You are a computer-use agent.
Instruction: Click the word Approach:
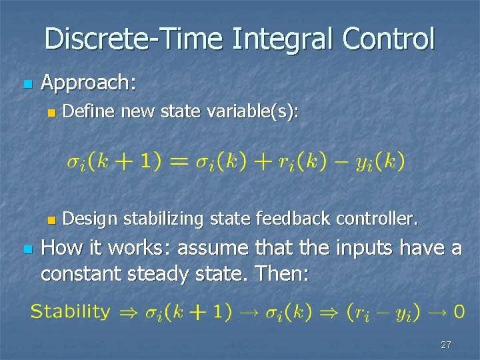coord(89,83)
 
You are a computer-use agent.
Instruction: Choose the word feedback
coord(299,218)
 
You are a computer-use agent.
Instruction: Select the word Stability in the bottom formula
coord(70,311)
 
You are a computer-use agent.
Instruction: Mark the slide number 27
coord(446,345)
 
